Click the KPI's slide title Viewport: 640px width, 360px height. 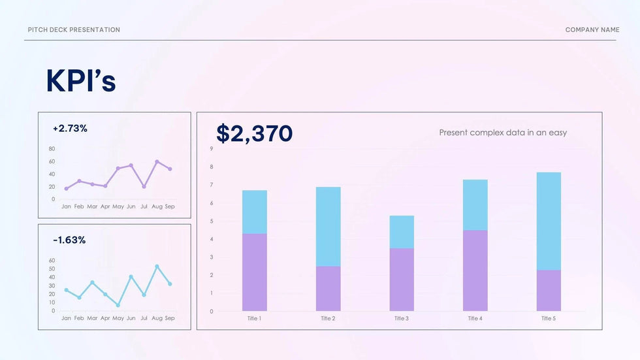tap(80, 81)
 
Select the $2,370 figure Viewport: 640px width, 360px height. tap(254, 133)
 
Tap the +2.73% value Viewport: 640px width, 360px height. tap(70, 129)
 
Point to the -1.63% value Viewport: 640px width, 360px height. tap(69, 240)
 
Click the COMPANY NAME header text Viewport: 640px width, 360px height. tap(592, 30)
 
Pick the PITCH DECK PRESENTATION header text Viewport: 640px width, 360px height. tap(74, 30)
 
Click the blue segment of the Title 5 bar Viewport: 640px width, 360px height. tap(548, 221)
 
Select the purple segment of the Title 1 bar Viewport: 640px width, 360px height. tap(254, 272)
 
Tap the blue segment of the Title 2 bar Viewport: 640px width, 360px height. tap(328, 226)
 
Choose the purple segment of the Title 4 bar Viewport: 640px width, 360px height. tap(475, 270)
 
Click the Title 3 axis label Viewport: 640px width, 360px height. tap(401, 319)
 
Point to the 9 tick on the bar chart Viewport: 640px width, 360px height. tap(211, 149)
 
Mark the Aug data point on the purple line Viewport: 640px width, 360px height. tap(157, 161)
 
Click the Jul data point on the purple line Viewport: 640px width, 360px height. tap(144, 186)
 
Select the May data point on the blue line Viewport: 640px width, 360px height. tap(118, 305)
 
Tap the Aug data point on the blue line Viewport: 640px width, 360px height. tap(157, 267)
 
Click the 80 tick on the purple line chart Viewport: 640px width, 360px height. tap(52, 149)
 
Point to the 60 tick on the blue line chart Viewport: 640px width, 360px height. tap(52, 260)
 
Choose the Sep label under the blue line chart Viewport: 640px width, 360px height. tap(170, 318)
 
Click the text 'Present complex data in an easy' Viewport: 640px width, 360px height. tap(503, 133)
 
